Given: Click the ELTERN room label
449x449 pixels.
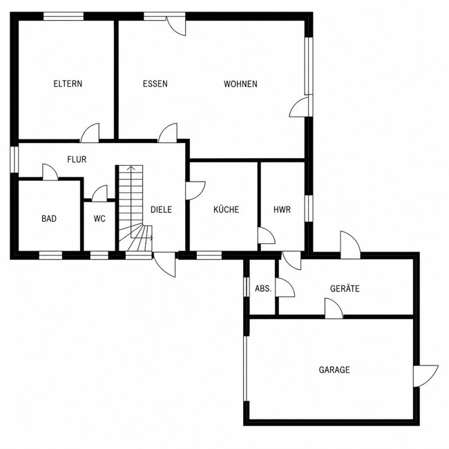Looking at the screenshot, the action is click(68, 84).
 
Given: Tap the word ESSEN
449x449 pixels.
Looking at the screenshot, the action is click(155, 84).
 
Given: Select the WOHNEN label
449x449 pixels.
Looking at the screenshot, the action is click(240, 84).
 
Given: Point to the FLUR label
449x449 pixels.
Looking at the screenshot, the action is click(77, 159).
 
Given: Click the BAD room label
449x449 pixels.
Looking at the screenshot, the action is click(49, 218).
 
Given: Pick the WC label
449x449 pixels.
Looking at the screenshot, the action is click(99, 218).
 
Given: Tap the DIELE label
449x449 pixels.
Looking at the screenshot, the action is click(161, 209).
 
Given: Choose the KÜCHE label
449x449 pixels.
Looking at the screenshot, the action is click(226, 209).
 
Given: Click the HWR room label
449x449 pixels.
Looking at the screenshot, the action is click(282, 209).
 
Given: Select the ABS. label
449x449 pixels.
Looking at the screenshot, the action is click(263, 288).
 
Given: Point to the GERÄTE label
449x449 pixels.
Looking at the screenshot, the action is click(345, 288).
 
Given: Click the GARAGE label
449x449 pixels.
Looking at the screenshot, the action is click(334, 370).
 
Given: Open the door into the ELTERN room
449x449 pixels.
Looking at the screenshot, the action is click(90, 133).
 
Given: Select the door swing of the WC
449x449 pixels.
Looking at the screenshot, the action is click(99, 193).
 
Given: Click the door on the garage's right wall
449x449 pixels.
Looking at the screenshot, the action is click(426, 376).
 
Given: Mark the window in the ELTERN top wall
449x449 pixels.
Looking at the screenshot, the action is click(64, 17).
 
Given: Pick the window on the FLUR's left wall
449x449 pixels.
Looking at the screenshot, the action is click(15, 160).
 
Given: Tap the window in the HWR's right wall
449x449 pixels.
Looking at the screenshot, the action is click(308, 209).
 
